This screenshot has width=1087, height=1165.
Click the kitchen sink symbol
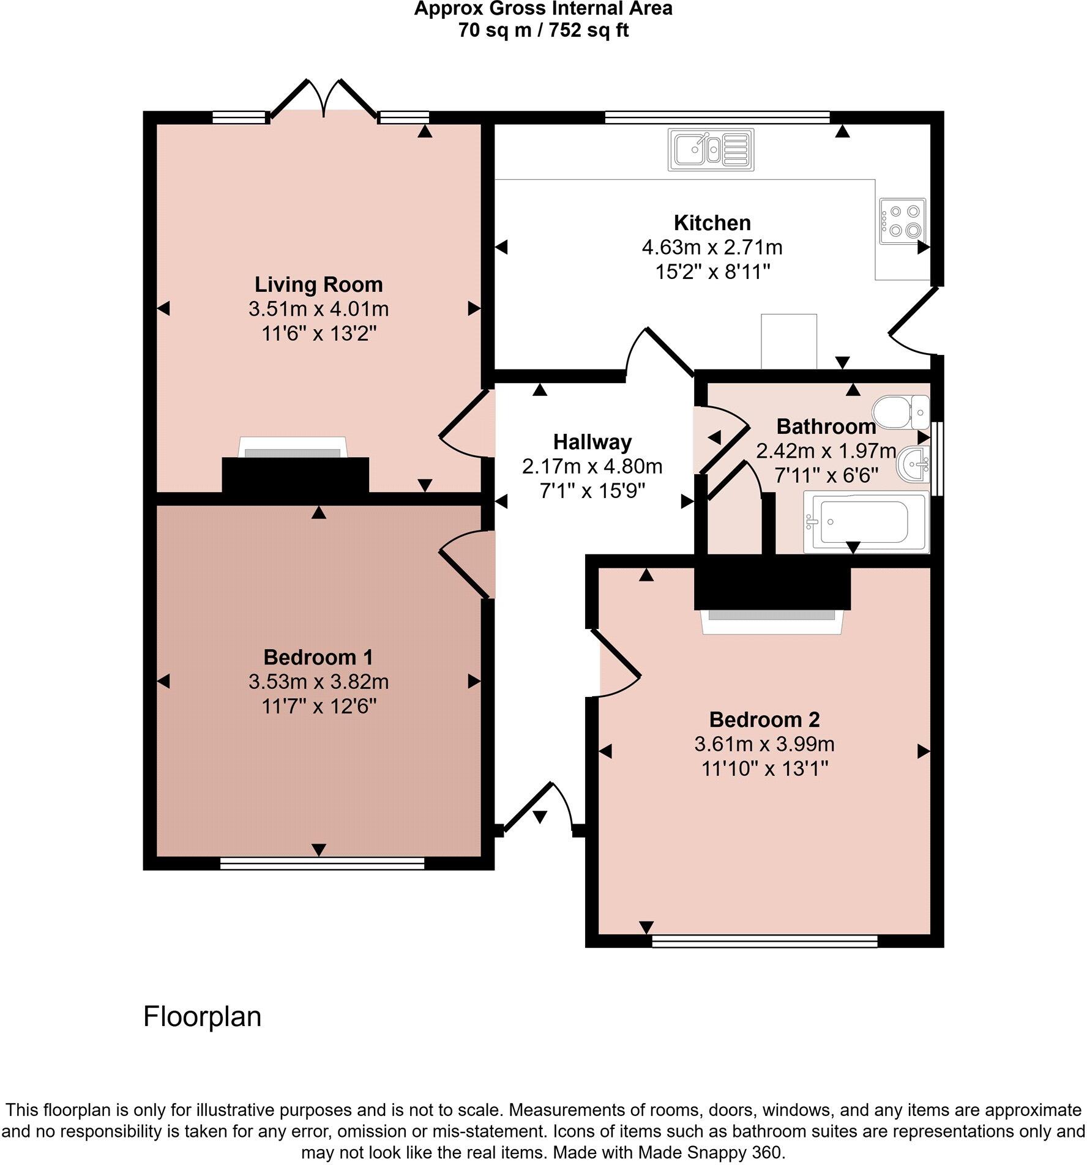[x=712, y=150]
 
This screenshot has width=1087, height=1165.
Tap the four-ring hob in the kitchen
[x=903, y=221]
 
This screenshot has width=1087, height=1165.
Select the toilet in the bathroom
[x=900, y=412]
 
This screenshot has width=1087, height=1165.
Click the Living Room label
[x=318, y=285]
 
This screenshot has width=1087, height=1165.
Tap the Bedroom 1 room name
[x=318, y=657]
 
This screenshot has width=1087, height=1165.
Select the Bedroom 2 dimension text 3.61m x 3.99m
[x=764, y=744]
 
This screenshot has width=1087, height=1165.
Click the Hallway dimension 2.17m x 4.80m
[x=592, y=467]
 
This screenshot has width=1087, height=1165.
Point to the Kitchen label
[x=712, y=223]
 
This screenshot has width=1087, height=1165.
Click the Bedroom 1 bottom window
[x=322, y=863]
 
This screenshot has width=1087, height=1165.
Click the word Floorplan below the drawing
[x=202, y=1016]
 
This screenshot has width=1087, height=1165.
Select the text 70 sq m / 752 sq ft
[x=543, y=30]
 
